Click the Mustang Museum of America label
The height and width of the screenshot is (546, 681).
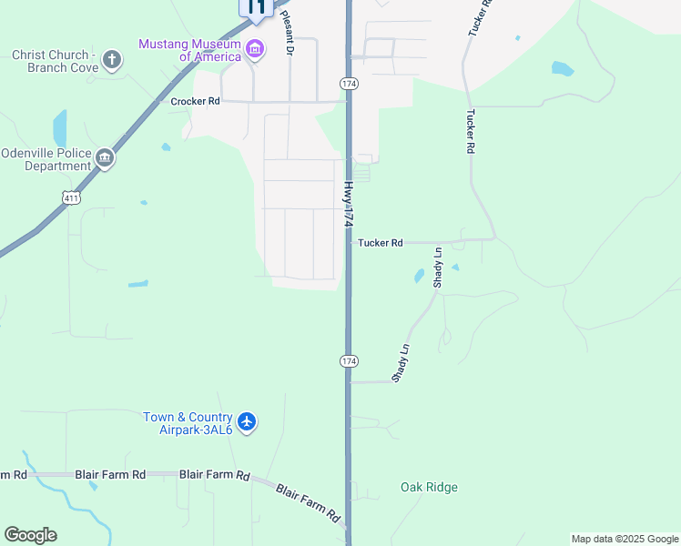tap(188, 50)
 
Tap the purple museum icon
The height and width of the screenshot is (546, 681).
tap(255, 48)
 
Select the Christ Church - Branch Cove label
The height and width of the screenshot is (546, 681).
tap(54, 61)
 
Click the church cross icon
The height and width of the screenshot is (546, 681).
tap(112, 61)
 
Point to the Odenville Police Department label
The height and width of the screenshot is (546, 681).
tap(47, 159)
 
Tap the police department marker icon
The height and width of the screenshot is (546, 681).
tap(106, 159)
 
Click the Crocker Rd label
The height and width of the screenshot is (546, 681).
tap(196, 102)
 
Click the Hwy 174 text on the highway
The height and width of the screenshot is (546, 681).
tap(349, 204)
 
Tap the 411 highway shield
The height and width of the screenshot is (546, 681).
tap(70, 197)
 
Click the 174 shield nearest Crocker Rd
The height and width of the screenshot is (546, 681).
tap(349, 83)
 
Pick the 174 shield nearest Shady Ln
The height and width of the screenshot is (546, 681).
tap(349, 361)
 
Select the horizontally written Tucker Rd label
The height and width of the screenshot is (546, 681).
tap(381, 243)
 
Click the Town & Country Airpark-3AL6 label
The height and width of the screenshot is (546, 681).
tap(188, 423)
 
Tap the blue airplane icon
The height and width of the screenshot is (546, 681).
tap(247, 422)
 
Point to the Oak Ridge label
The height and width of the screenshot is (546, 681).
tap(429, 487)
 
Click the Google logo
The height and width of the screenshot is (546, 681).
tap(30, 535)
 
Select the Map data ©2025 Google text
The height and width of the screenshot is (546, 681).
tap(625, 539)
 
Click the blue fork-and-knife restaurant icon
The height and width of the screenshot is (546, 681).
tap(256, 7)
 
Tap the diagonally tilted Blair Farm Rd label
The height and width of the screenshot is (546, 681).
tap(309, 503)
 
